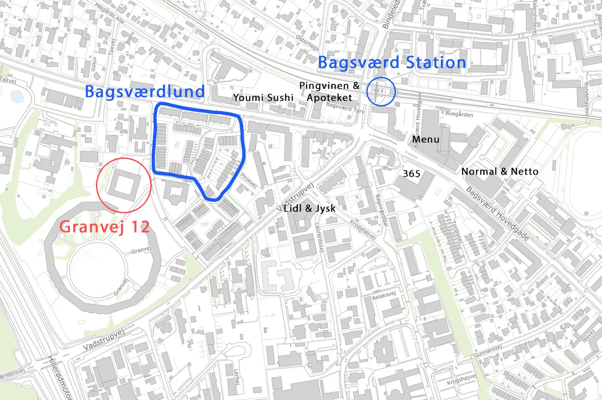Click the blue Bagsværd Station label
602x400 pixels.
pyautogui.click(x=392, y=63)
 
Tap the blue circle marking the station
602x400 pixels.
pyautogui.click(x=381, y=91)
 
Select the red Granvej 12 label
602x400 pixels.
pyautogui.click(x=105, y=227)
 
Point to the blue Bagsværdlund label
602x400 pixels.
pyautogui.click(x=144, y=92)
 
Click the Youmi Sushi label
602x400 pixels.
pyautogui.click(x=263, y=98)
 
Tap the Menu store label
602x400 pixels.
pyautogui.click(x=425, y=139)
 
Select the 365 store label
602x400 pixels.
pyautogui.click(x=411, y=173)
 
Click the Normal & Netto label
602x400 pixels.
pyautogui.click(x=500, y=172)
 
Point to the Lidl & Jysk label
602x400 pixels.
pyautogui.click(x=309, y=209)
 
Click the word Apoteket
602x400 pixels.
pyautogui.click(x=329, y=98)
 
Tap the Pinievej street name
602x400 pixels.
pyautogui.click(x=249, y=180)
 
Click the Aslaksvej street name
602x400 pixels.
pyautogui.click(x=384, y=295)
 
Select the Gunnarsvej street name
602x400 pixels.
pyautogui.click(x=488, y=352)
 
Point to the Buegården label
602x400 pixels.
pyautogui.click(x=459, y=114)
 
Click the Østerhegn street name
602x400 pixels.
pyautogui.click(x=308, y=43)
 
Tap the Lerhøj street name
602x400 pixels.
pyautogui.click(x=237, y=376)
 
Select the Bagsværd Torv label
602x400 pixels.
pyautogui.click(x=345, y=107)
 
